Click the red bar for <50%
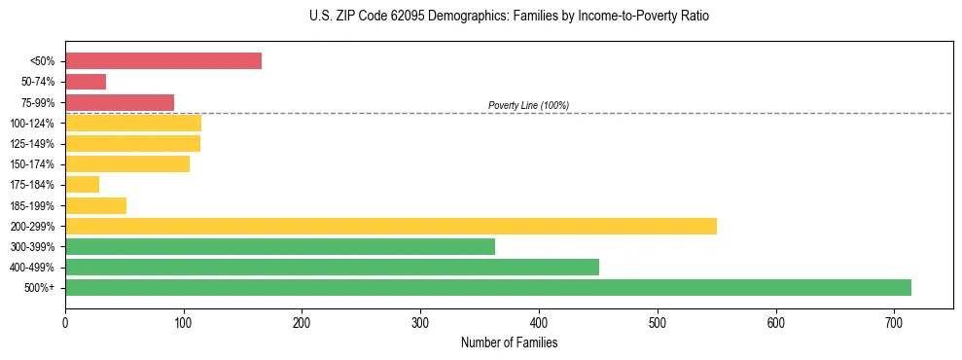pos(162,61)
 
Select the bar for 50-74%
pos(86,82)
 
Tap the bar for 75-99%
pos(120,102)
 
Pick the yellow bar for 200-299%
pos(390,226)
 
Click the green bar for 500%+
pos(487,287)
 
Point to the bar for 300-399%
pos(279,246)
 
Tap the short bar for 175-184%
pos(82,185)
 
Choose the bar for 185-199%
pos(95,205)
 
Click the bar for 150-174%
pos(126,164)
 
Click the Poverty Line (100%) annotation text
pos(528,105)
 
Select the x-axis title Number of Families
pos(509,342)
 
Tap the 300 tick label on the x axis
pos(420,322)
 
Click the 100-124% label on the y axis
pos(32,124)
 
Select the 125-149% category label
pos(32,144)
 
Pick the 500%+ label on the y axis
pos(40,288)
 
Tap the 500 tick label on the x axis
pos(658,322)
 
